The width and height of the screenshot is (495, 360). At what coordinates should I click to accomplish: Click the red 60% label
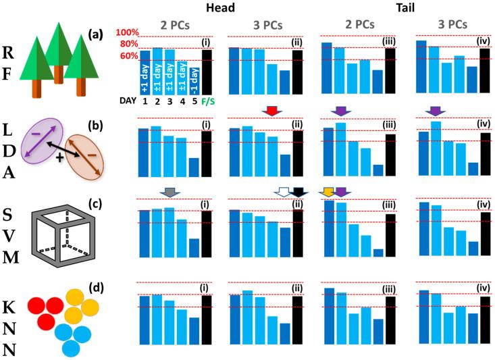point(128,56)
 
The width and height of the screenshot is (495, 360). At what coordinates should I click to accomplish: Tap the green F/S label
point(206,101)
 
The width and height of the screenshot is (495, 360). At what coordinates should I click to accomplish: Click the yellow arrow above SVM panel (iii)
point(329,193)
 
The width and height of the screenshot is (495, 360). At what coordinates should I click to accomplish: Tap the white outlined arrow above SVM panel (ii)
point(282,193)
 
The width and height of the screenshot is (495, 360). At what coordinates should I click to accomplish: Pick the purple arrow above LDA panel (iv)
point(435,110)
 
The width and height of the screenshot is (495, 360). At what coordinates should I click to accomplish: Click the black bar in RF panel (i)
point(206,72)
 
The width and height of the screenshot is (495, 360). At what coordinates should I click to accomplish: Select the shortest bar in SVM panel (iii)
point(378,253)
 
